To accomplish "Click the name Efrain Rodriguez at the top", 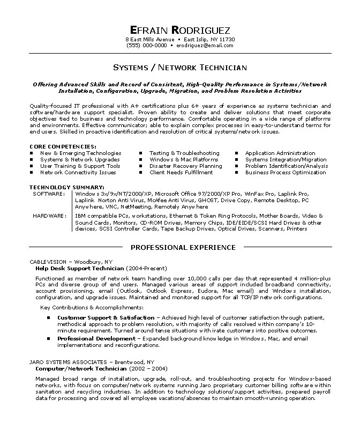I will coord(179,30).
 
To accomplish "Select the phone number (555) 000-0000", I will coord(146,46).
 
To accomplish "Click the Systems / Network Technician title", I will coord(180,68).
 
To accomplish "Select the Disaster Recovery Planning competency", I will coord(185,166).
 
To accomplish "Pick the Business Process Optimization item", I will coord(286,173).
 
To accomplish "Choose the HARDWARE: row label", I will coord(49,216).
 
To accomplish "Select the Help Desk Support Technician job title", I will coord(80,268).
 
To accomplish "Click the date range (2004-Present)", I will coord(146,268).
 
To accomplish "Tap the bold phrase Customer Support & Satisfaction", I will coord(106,318).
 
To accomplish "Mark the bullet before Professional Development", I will coord(48,339).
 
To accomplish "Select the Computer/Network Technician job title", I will coord(80,369).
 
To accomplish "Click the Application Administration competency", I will coord(280,153).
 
